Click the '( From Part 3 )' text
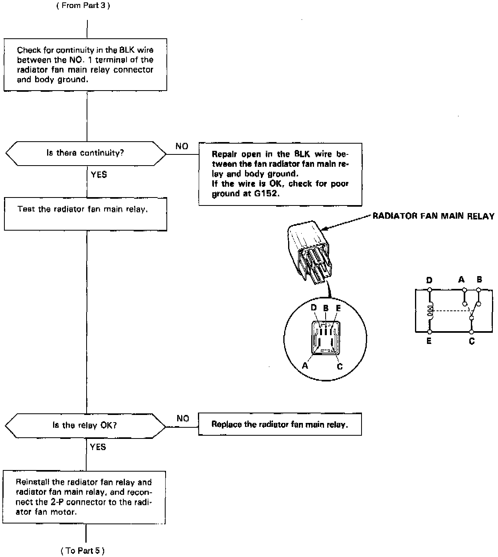tap(83, 6)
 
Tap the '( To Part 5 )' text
tap(83, 551)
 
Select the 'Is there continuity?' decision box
tap(85, 153)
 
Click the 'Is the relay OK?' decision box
tap(85, 425)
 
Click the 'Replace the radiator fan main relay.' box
tap(280, 425)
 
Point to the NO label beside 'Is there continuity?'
tap(182, 146)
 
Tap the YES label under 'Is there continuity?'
tap(99, 175)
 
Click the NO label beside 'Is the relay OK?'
tap(183, 418)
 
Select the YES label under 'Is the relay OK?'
tap(98, 447)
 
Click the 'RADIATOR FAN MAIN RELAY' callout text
tap(433, 216)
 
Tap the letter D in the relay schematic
tap(429, 280)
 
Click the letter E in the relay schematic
tap(429, 342)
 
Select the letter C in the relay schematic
tap(472, 342)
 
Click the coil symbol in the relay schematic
tap(430, 310)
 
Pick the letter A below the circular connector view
tap(305, 365)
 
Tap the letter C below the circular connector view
tap(340, 366)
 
